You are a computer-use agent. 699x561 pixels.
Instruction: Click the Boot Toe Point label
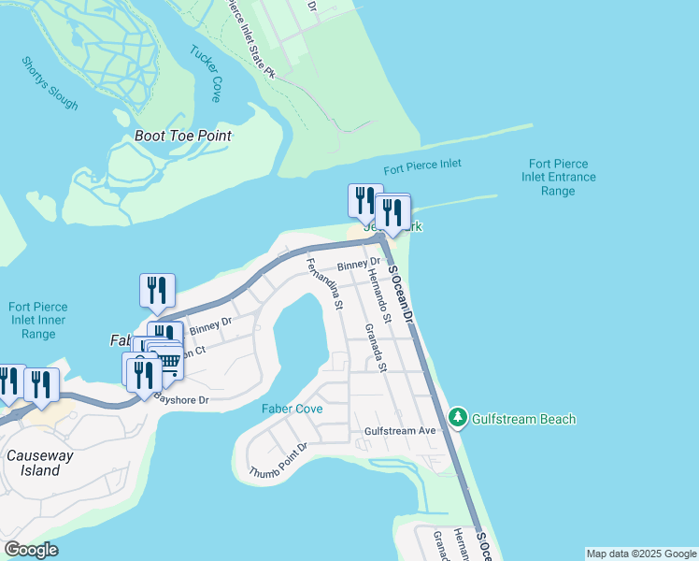coord(182,136)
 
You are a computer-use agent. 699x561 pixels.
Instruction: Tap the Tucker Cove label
coord(206,73)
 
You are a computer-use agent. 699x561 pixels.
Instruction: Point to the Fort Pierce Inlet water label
coord(421,165)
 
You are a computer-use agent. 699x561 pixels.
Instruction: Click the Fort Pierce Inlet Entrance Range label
coord(557,177)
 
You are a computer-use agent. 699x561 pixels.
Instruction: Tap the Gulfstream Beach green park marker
coord(457,418)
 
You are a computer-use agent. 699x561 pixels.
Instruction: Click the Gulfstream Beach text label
coord(523,419)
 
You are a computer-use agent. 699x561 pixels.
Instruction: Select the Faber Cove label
coord(292,409)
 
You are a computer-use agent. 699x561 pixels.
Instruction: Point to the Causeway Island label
coord(34,463)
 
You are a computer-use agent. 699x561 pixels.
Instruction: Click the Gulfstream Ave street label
coord(401,431)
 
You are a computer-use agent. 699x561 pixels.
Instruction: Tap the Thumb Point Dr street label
coord(278,461)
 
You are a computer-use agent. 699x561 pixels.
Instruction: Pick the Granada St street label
coord(376,347)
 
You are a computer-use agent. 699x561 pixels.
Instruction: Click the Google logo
coord(31,550)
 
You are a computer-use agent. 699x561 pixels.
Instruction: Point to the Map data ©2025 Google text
coord(640,554)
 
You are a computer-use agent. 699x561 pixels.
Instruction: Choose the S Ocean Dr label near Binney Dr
coord(401,294)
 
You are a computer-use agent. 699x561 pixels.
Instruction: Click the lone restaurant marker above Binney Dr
coord(157,291)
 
